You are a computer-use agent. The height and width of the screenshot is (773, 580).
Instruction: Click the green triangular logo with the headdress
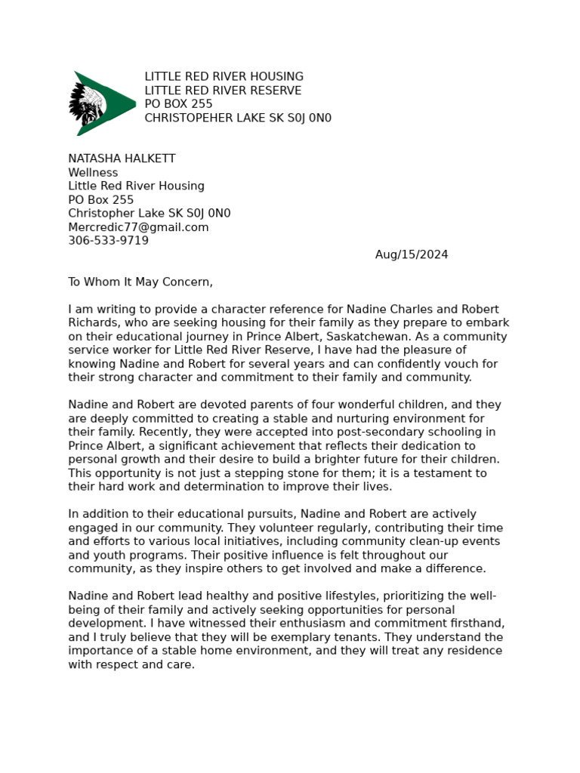pos(102,103)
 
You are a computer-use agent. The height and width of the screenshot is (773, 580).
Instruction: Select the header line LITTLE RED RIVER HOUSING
pos(224,77)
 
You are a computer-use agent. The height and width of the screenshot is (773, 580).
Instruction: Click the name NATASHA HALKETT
pos(122,159)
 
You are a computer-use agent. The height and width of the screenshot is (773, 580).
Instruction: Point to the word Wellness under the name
pos(93,173)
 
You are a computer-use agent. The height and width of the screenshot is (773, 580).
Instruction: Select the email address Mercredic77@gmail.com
pos(138,227)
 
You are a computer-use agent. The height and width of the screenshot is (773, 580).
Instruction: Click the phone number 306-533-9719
pos(108,241)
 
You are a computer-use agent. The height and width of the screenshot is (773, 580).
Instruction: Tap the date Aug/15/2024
pos(412,255)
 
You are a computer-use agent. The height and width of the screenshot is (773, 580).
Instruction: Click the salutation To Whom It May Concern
pos(140,282)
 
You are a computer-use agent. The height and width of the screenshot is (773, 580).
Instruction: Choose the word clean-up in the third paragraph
pos(424,542)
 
